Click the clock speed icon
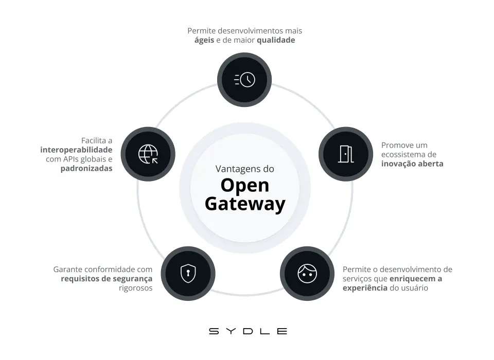point(244,79)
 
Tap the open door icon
point(345,154)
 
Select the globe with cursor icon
point(148,154)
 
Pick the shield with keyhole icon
point(188,273)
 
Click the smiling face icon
point(307,273)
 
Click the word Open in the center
point(245,186)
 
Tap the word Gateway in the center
point(245,204)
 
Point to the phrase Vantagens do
point(245,169)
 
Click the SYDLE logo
point(248,331)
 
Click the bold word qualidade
point(276,40)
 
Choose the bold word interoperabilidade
point(76,150)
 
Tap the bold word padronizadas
point(86,168)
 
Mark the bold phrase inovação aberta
point(412,164)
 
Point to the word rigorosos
point(136,288)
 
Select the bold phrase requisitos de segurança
point(107,279)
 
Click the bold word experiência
point(365,288)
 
